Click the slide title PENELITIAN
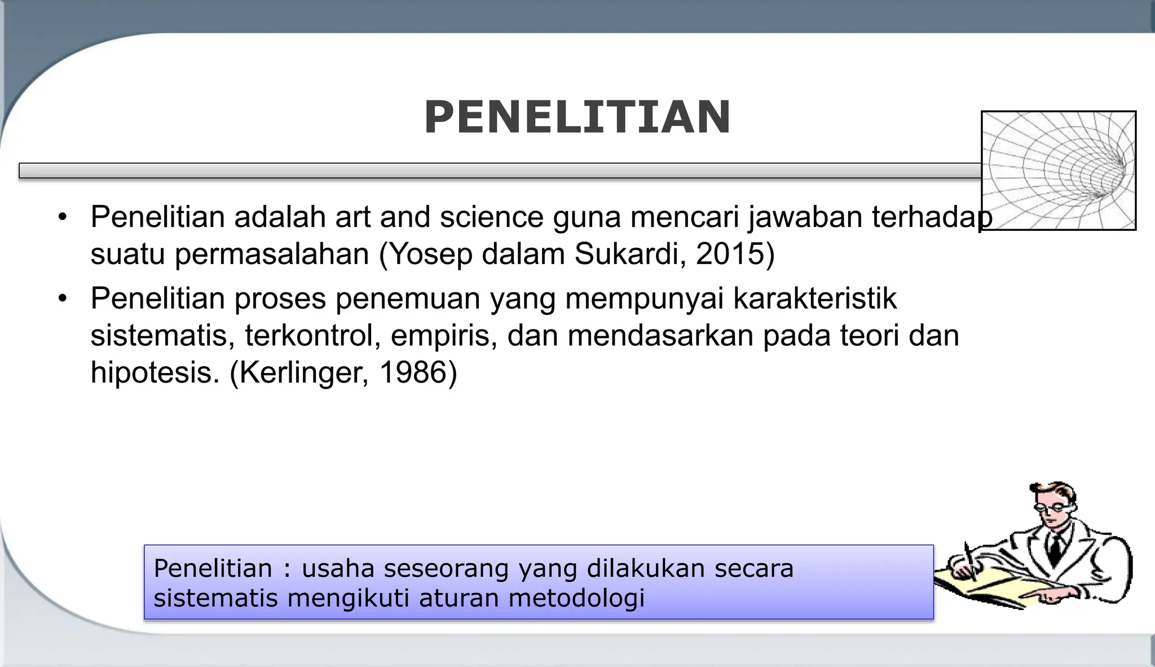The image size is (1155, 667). tap(577, 117)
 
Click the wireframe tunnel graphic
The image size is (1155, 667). tap(1058, 170)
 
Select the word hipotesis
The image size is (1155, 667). tap(154, 373)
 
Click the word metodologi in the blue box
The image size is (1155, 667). tap(576, 598)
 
